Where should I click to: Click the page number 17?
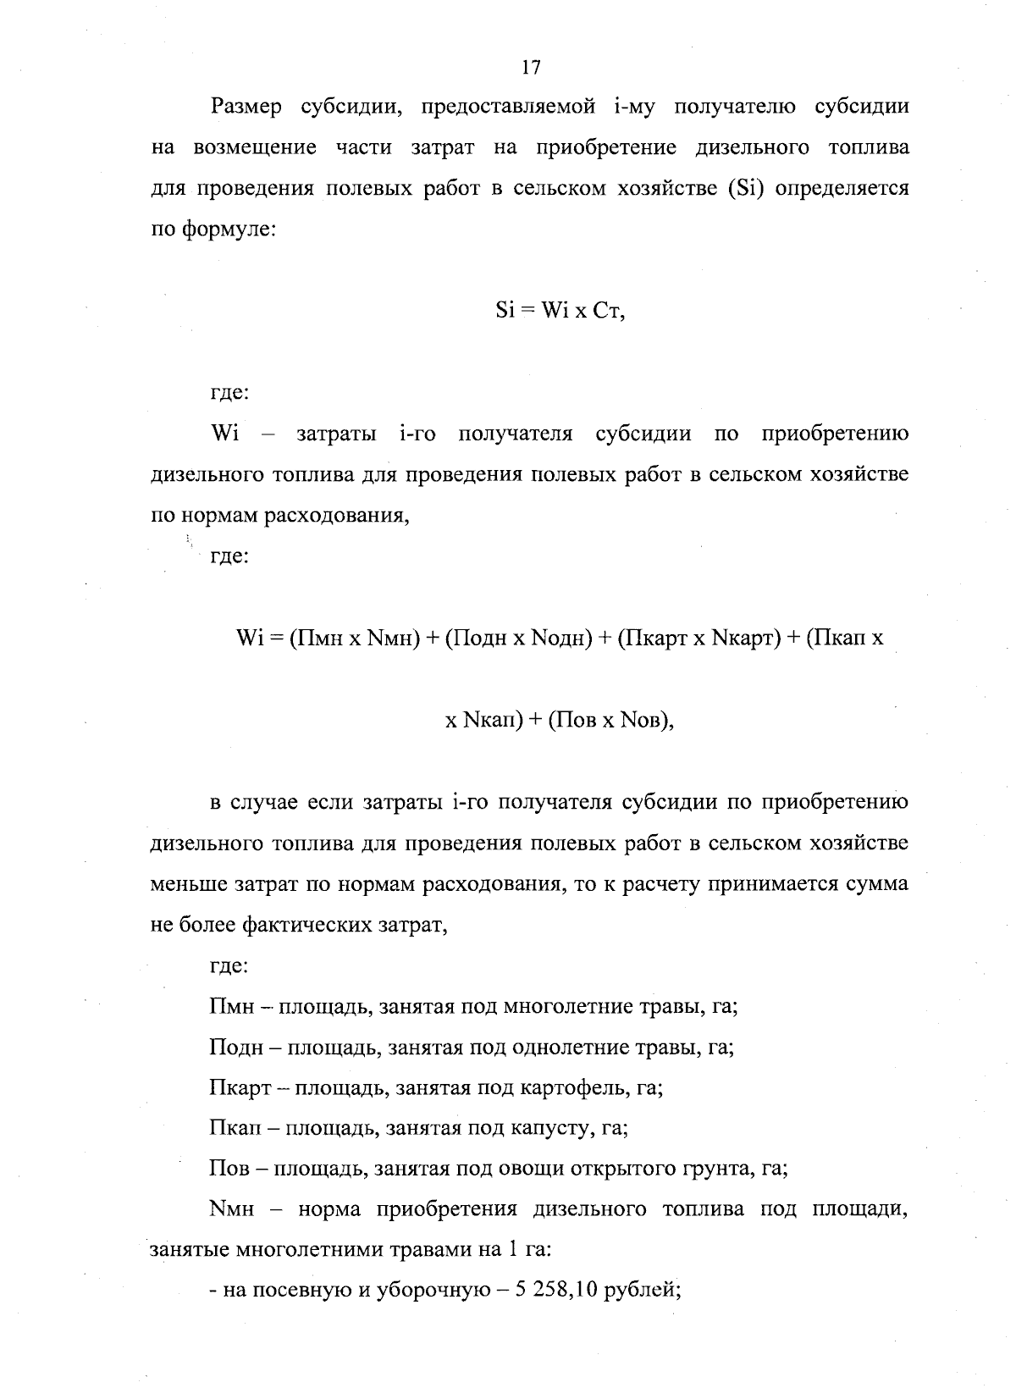(531, 67)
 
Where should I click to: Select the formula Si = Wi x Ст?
(560, 311)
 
